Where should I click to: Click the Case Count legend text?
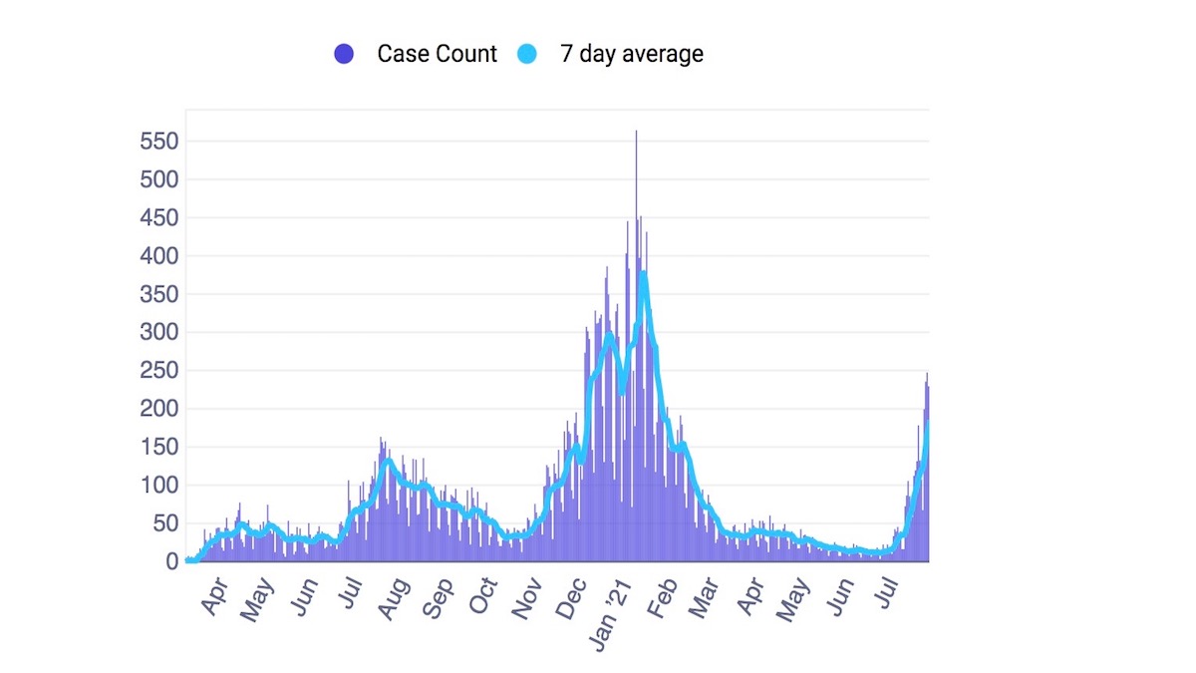click(x=437, y=54)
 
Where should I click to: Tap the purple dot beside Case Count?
click(x=345, y=55)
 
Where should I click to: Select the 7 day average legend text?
click(x=631, y=54)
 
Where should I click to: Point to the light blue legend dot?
click(x=526, y=55)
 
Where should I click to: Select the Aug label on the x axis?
click(x=391, y=596)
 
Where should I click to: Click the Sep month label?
click(x=438, y=596)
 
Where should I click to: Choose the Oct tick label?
click(x=483, y=596)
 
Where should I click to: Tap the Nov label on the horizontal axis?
click(x=528, y=596)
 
